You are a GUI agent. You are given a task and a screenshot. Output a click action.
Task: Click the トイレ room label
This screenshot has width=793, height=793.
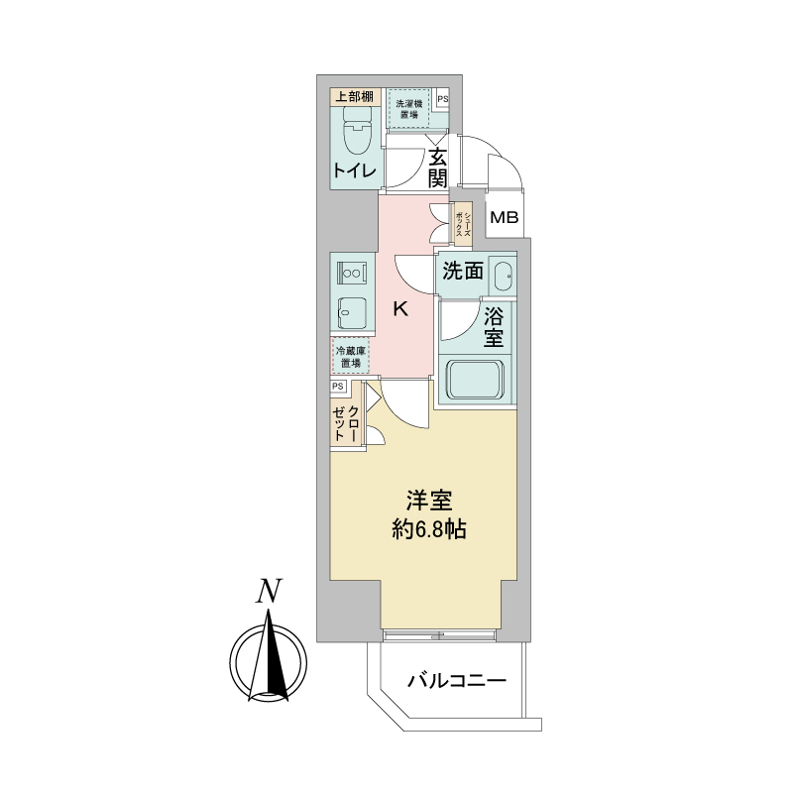tap(354, 171)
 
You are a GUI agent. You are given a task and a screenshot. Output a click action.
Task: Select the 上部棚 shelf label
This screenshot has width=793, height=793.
tap(353, 96)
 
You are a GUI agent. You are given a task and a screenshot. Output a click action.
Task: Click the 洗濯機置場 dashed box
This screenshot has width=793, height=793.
tap(407, 109)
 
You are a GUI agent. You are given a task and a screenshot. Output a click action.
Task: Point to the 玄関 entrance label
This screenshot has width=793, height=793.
tap(437, 168)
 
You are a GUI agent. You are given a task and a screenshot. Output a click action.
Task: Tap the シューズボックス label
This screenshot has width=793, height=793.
tap(462, 224)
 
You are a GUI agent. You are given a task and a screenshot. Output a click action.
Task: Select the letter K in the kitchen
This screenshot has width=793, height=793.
tap(400, 309)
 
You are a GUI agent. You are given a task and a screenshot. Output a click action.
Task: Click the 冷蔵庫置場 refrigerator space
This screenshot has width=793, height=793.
tap(350, 357)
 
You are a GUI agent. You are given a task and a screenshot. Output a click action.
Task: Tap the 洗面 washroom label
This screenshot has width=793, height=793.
tap(463, 271)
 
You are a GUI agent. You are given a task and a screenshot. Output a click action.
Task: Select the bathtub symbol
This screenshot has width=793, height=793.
tap(477, 381)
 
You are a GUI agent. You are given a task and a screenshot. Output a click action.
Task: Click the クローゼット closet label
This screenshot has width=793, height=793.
tap(346, 422)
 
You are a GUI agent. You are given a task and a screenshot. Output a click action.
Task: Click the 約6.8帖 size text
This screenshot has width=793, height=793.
tap(427, 529)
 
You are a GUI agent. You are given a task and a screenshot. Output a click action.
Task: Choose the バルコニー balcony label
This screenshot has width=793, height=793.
tap(457, 681)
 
